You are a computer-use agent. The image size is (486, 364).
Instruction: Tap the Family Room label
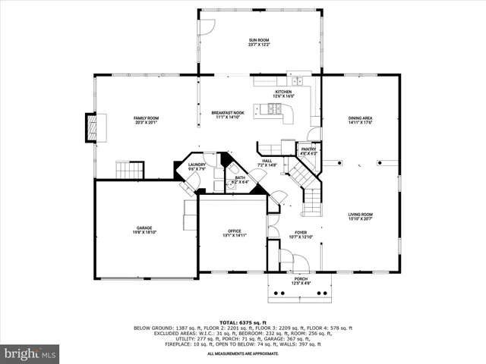click(146, 120)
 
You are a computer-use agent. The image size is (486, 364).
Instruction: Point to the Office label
click(235, 233)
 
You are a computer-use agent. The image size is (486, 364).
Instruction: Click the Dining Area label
click(360, 120)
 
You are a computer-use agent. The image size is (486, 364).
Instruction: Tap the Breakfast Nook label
click(227, 115)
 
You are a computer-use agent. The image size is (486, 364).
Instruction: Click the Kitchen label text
click(284, 93)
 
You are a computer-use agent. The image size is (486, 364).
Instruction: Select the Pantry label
click(308, 151)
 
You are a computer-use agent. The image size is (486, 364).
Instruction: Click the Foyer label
click(300, 234)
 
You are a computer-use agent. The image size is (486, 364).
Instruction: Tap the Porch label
click(300, 281)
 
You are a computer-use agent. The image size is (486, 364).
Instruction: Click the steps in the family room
click(129, 169)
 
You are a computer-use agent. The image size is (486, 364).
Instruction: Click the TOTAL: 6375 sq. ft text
click(243, 322)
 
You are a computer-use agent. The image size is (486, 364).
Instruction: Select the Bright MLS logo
click(30, 353)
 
